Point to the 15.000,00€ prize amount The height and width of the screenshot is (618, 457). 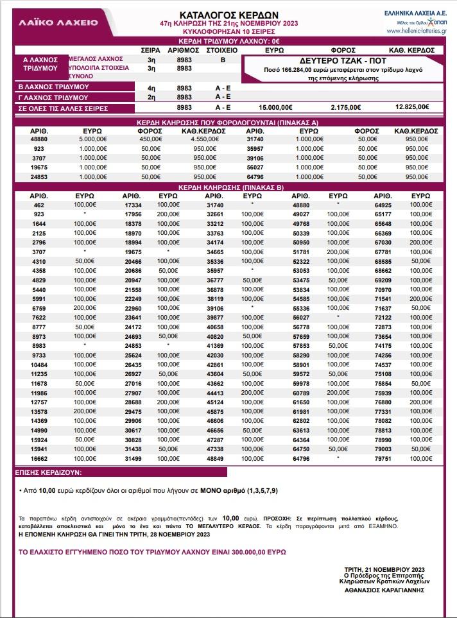[275, 107]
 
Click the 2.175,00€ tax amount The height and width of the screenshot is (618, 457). [346, 107]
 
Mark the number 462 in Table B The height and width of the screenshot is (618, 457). [39, 205]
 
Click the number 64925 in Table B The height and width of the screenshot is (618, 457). [383, 205]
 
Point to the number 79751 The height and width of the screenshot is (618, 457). [383, 459]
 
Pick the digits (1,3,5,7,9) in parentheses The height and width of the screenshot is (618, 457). [261, 491]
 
